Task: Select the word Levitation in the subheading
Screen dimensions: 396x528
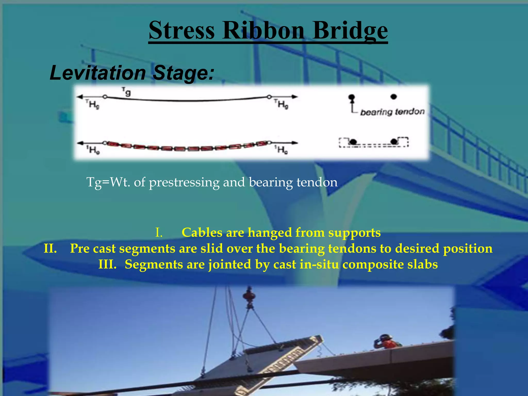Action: (97, 73)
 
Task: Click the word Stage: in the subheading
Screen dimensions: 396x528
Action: (183, 73)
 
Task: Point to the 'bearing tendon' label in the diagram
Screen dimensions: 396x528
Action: (392, 112)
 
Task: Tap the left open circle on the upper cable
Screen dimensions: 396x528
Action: (105, 97)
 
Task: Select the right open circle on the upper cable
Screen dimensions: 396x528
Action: (269, 97)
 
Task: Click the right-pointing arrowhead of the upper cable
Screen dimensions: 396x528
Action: (295, 97)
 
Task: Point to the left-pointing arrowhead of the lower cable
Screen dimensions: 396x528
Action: (80, 143)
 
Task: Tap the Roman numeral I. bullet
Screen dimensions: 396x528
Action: (159, 233)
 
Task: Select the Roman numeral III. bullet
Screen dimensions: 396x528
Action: (107, 265)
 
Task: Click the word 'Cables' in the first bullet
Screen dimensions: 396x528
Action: (202, 233)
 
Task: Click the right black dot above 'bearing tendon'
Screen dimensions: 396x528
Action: (393, 97)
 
